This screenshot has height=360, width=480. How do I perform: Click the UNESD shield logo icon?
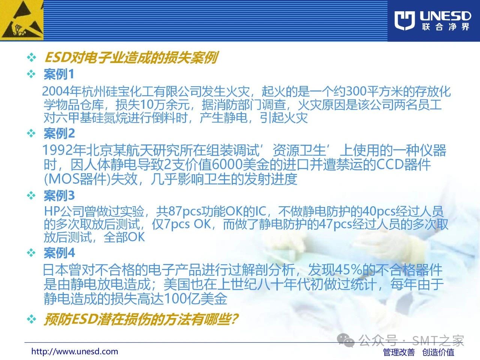point(405,21)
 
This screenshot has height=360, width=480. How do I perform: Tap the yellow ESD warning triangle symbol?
point(21,20)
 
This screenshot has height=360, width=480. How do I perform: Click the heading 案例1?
point(59,74)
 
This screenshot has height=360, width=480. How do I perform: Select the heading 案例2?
point(59,133)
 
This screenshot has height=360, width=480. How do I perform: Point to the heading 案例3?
point(59,195)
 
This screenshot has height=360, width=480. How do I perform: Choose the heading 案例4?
point(59,253)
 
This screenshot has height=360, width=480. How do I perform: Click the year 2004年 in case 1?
point(61,91)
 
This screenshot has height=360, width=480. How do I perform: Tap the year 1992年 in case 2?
point(61,150)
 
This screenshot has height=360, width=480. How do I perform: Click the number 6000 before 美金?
point(227,164)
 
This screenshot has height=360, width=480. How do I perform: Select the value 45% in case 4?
point(349,270)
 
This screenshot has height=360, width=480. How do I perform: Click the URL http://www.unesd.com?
point(75,351)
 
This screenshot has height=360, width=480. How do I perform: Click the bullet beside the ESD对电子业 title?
point(31,57)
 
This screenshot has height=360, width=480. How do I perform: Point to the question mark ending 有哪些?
point(234,319)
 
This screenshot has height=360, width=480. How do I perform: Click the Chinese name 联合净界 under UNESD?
point(445,27)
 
